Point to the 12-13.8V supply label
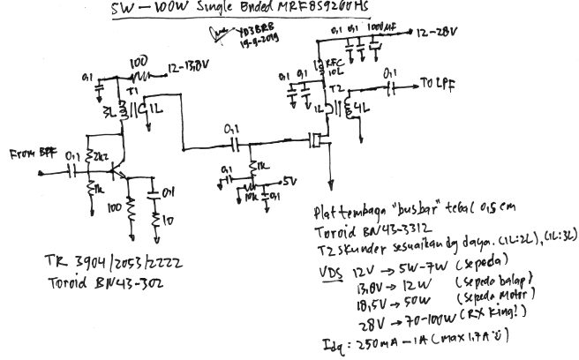coord(189,65)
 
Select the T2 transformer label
coord(335,90)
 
